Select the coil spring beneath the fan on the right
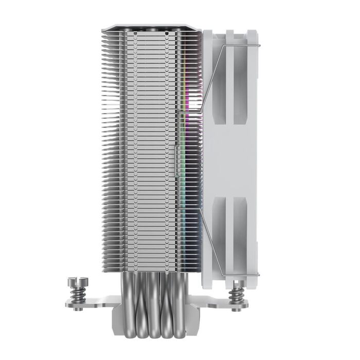click(238, 295)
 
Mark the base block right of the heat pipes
click(191, 314)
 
